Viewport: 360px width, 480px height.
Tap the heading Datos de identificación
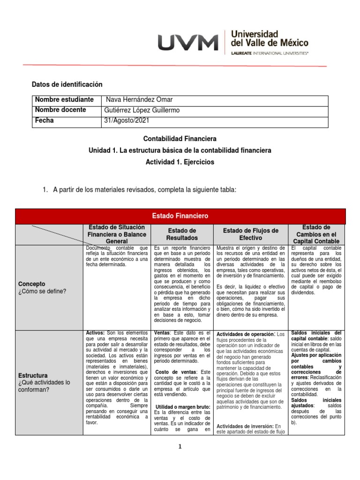pos(67,84)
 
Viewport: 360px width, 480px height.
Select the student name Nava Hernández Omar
pos(139,100)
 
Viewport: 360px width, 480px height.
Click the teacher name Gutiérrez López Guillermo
pos(142,110)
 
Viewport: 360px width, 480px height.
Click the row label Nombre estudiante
pos(64,100)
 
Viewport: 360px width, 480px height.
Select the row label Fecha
pos(45,120)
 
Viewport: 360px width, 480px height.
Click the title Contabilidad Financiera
pos(180,139)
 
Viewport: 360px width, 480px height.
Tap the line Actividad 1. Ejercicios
pos(180,162)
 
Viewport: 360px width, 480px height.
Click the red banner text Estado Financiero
pos(180,216)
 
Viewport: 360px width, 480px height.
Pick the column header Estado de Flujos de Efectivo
pos(250,234)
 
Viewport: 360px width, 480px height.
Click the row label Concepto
pos(32,284)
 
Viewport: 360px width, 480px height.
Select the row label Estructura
pos(33,375)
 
